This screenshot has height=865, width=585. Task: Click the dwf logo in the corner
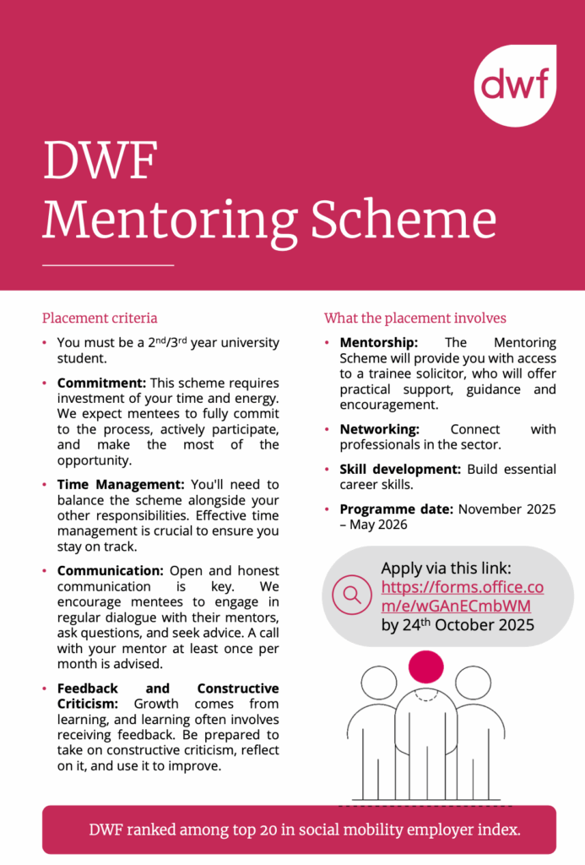pyautogui.click(x=515, y=84)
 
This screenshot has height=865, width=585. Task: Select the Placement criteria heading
pyautogui.click(x=100, y=318)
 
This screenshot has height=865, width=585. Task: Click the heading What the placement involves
pyautogui.click(x=415, y=318)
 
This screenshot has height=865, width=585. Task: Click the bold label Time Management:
pyautogui.click(x=121, y=485)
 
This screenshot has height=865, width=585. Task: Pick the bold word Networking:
pyautogui.click(x=379, y=429)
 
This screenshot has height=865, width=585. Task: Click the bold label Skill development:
pyautogui.click(x=398, y=469)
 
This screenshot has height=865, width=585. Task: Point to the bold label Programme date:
pyautogui.click(x=397, y=509)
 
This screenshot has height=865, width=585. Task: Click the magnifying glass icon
pyautogui.click(x=352, y=596)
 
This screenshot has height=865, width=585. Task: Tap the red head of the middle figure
pyautogui.click(x=425, y=666)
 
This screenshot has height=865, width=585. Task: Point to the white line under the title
pyautogui.click(x=107, y=265)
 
